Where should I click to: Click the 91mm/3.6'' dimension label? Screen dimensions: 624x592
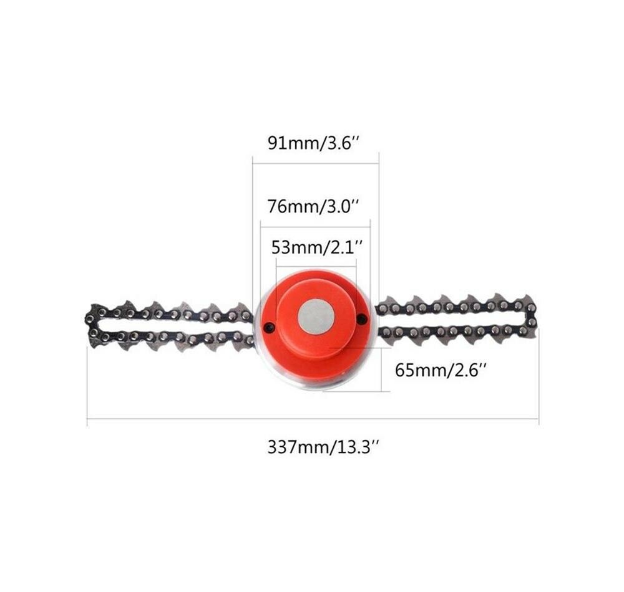click(314, 143)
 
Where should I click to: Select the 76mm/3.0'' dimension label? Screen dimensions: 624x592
click(314, 207)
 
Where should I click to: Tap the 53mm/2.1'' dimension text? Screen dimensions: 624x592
click(317, 247)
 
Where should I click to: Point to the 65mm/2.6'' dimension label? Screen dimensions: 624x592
click(441, 370)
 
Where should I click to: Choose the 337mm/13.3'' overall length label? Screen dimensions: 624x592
click(322, 447)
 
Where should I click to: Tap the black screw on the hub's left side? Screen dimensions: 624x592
click(270, 327)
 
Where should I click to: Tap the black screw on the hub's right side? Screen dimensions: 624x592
click(361, 318)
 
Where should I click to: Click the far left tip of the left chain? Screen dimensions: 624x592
click(85, 319)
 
